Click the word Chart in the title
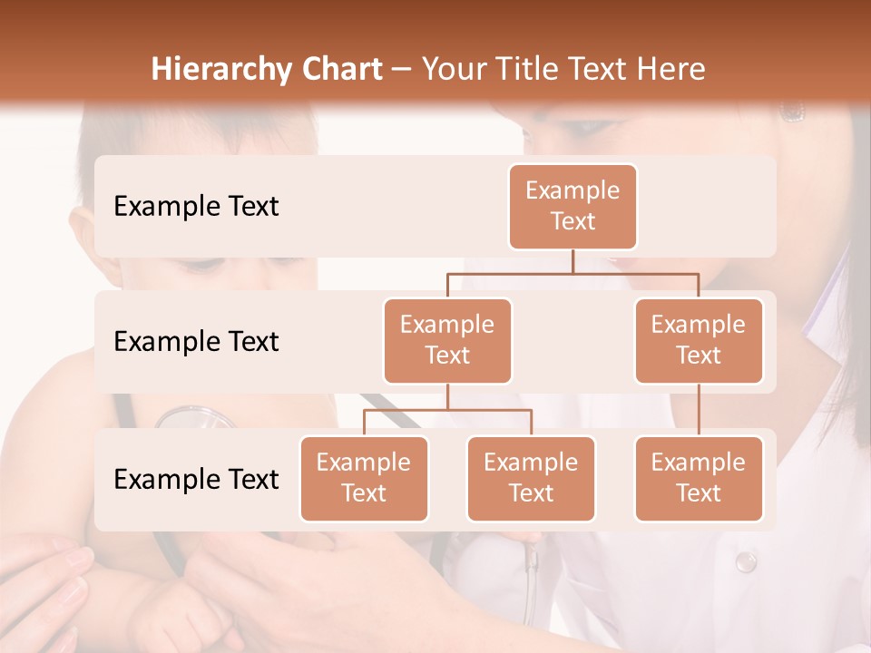(340, 70)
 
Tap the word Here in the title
(670, 70)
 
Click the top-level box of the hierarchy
(573, 206)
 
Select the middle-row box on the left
(447, 340)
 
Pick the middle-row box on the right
(699, 340)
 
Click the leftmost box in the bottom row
(364, 478)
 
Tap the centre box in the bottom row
(531, 478)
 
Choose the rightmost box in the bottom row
(699, 478)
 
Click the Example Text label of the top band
(196, 207)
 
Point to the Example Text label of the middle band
(196, 342)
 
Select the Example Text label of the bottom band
(196, 479)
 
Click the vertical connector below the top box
(573, 261)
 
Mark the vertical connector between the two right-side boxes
(699, 410)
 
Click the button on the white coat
(746, 561)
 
